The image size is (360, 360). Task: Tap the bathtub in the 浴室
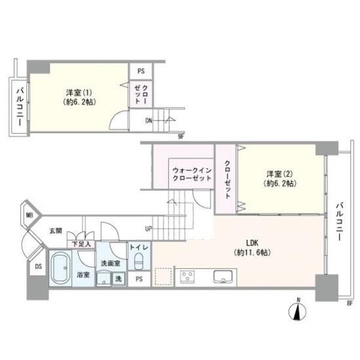(61, 268)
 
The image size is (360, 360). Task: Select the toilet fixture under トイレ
(138, 262)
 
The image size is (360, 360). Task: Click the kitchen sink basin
(224, 277)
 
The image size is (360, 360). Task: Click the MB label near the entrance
(29, 214)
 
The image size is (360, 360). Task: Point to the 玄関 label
(55, 231)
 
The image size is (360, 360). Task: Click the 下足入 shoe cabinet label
(82, 244)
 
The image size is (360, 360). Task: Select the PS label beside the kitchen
(138, 279)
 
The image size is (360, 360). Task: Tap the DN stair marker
(150, 121)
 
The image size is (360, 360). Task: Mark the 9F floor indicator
(181, 136)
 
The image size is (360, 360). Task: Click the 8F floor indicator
(350, 302)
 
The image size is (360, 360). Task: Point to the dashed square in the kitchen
(162, 276)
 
